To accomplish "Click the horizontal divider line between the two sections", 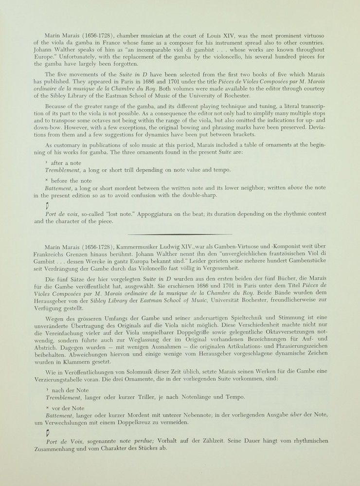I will [x=180, y=234].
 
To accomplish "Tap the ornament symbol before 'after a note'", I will [x=46, y=162].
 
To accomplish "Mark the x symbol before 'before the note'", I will [x=46, y=180].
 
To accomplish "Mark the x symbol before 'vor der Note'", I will [x=46, y=408].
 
